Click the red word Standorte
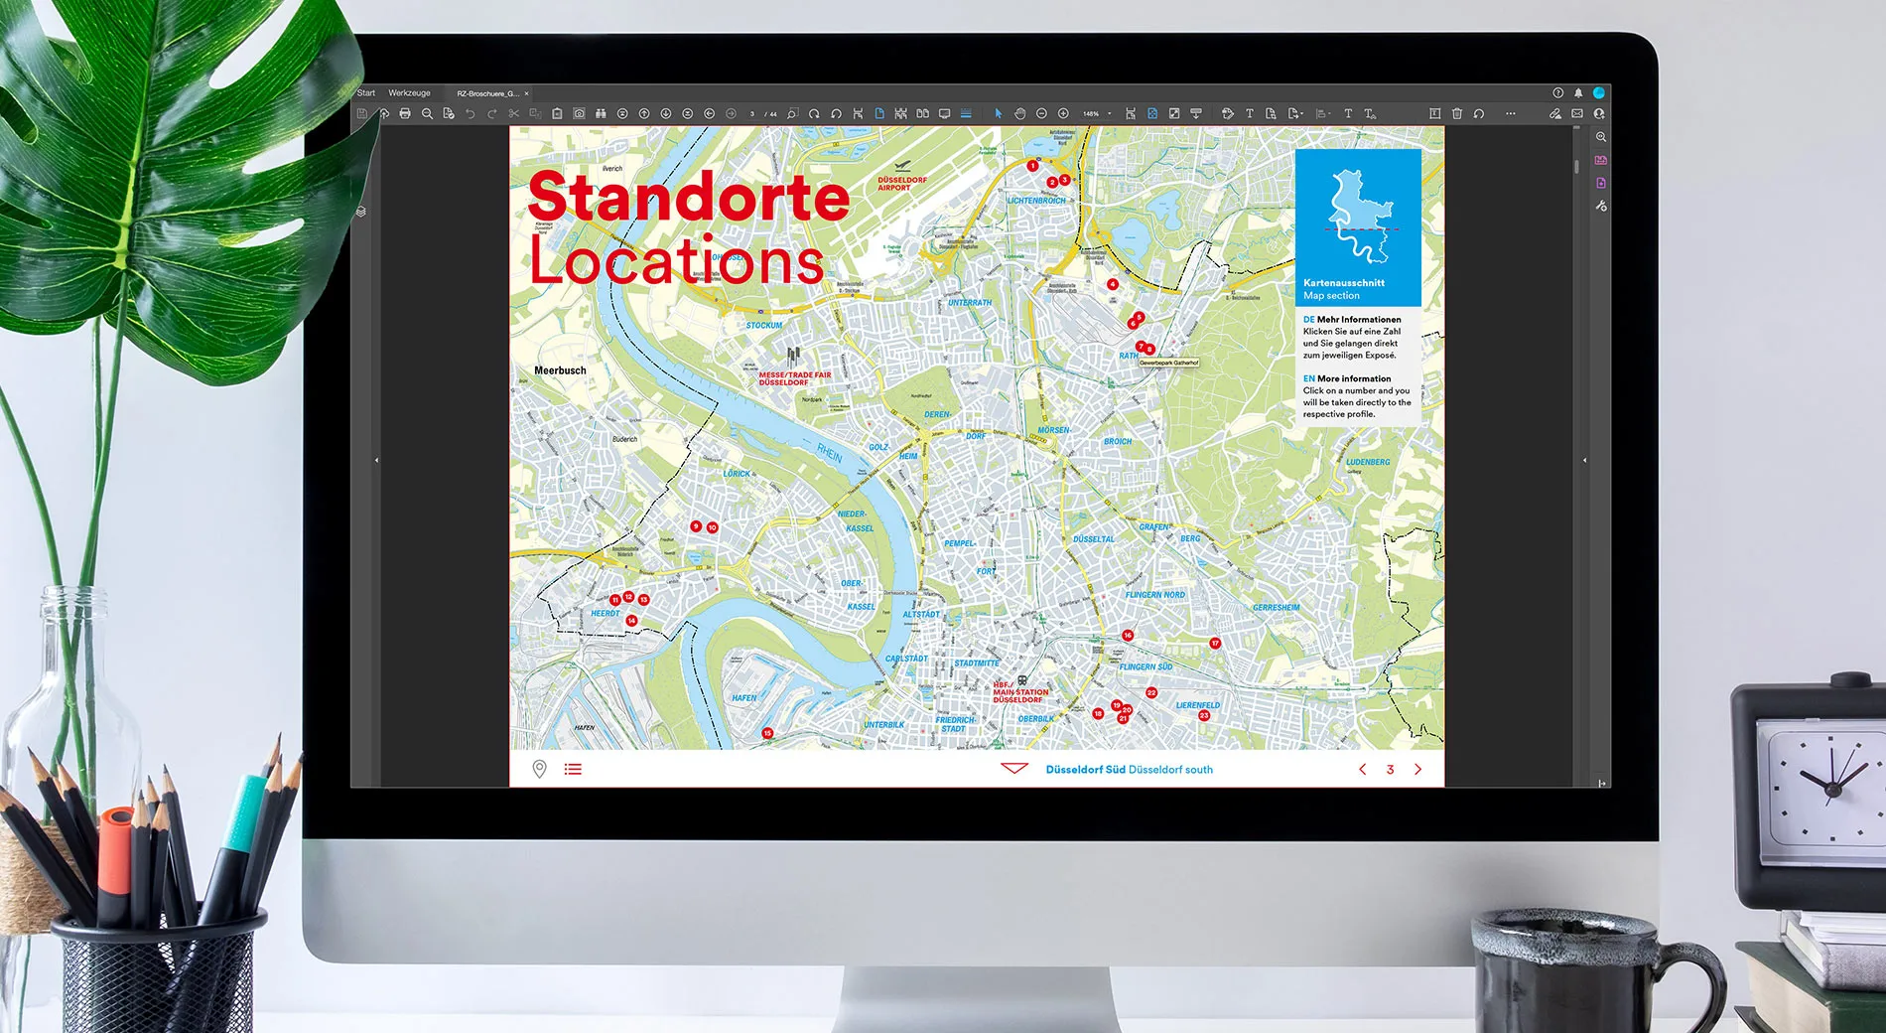[688, 197]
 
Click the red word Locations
[676, 260]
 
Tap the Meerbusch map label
[560, 370]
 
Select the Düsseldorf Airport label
[901, 183]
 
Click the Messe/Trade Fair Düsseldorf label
[794, 378]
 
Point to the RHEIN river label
[830, 454]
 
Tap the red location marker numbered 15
[767, 733]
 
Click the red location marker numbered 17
[1215, 644]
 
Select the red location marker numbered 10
[712, 527]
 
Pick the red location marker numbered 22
[1151, 692]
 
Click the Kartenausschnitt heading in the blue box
[1343, 283]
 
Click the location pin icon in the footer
[539, 769]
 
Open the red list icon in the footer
[573, 769]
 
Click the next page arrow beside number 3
[1417, 769]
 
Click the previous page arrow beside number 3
[1363, 769]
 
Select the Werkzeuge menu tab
[409, 93]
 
